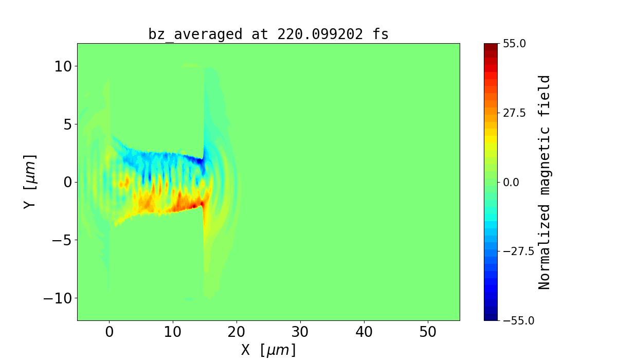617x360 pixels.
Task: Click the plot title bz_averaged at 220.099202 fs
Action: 268,34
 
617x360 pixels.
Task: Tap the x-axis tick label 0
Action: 109,333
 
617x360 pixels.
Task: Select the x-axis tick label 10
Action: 173,333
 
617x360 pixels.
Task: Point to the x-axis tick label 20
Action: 237,333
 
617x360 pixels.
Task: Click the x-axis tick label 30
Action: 300,333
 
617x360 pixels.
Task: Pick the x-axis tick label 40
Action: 364,333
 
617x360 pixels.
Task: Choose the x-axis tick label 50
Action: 428,333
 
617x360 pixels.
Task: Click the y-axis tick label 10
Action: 62,66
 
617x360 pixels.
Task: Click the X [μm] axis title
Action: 268,350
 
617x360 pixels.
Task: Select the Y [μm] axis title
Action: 29,181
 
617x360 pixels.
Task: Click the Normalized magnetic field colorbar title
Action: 545,182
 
